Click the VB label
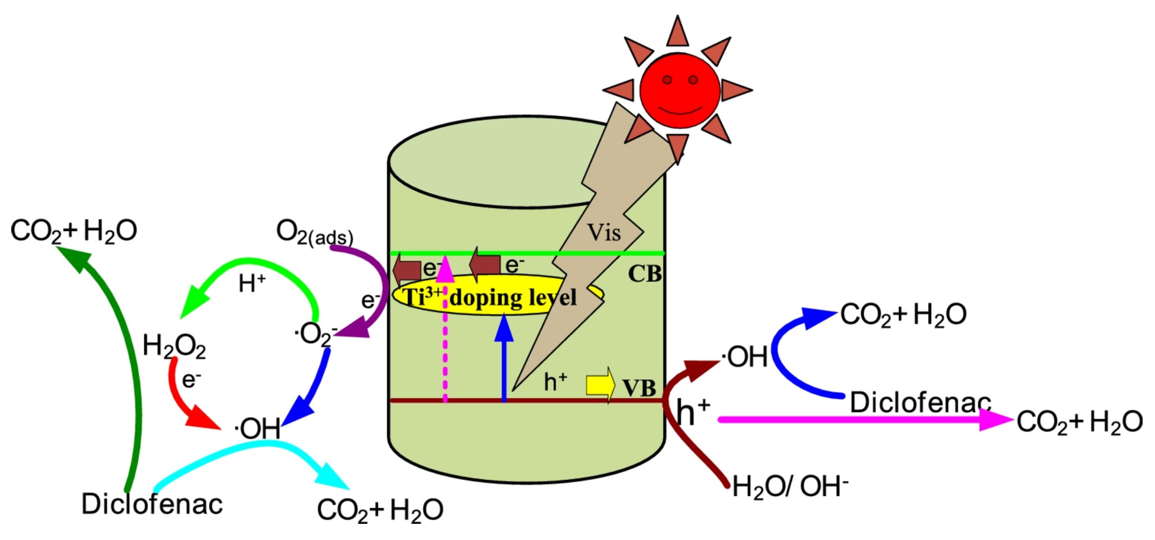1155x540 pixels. (639, 388)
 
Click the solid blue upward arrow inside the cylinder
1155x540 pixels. (504, 358)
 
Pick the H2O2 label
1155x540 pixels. (174, 346)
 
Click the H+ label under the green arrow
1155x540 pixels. (252, 284)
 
